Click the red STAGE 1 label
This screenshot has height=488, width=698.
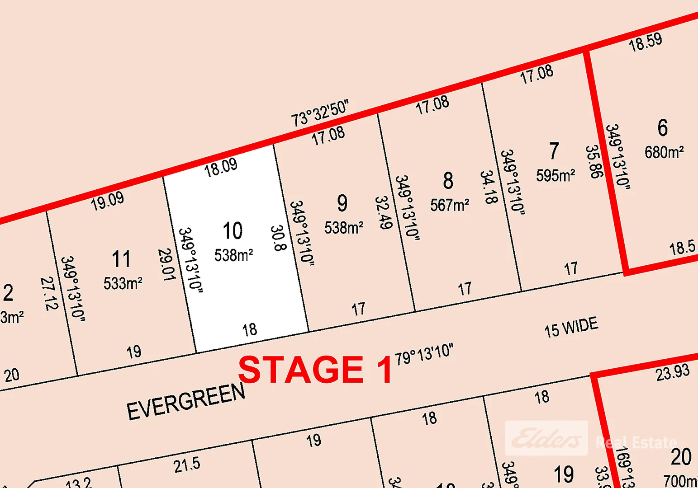pos(315,370)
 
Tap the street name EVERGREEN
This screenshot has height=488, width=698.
pos(186,401)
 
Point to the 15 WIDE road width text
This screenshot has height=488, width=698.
pos(571,327)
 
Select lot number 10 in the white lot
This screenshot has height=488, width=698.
pos(233,231)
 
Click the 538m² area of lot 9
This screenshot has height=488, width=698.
pos(344,228)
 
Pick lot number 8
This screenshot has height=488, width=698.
pos(448,181)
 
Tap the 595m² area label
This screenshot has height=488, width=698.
pos(556,175)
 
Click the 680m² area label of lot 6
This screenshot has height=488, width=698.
pos(664,152)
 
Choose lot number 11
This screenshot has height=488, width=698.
pos(121,259)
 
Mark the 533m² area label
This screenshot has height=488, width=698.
pos(123,284)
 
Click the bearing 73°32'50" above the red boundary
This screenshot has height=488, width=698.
pos(320,113)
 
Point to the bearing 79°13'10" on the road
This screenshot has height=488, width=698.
pos(424,354)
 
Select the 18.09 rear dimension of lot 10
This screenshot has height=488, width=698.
pos(221,168)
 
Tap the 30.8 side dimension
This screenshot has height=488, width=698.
pos(278,238)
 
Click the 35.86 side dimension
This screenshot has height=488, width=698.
pos(594,162)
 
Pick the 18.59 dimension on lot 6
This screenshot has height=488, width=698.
pos(645,42)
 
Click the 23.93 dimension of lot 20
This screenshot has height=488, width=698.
pos(673,373)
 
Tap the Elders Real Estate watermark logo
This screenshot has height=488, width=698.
pos(546,438)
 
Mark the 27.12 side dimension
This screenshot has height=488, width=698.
pos(49,294)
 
